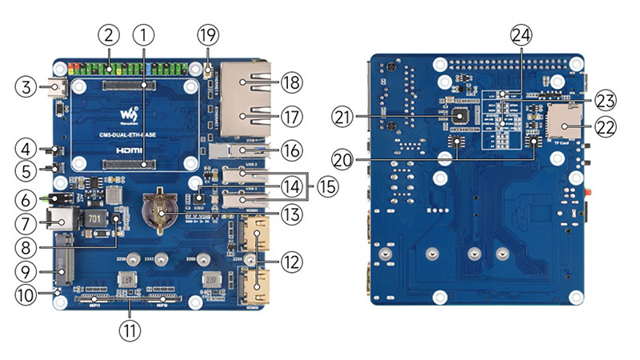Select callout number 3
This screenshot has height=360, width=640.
pos(26,87)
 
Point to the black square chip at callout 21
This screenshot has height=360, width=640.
pos(459,117)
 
